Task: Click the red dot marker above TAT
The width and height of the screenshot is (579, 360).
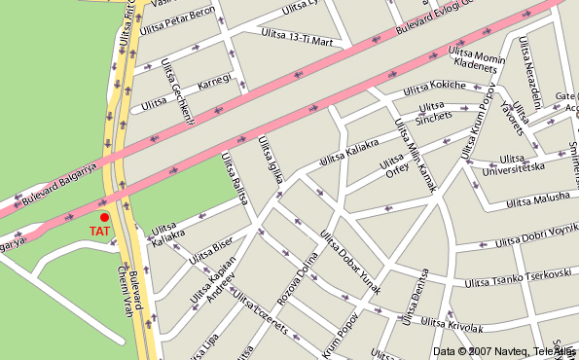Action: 104,217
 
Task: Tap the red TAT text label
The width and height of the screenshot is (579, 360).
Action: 98,232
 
